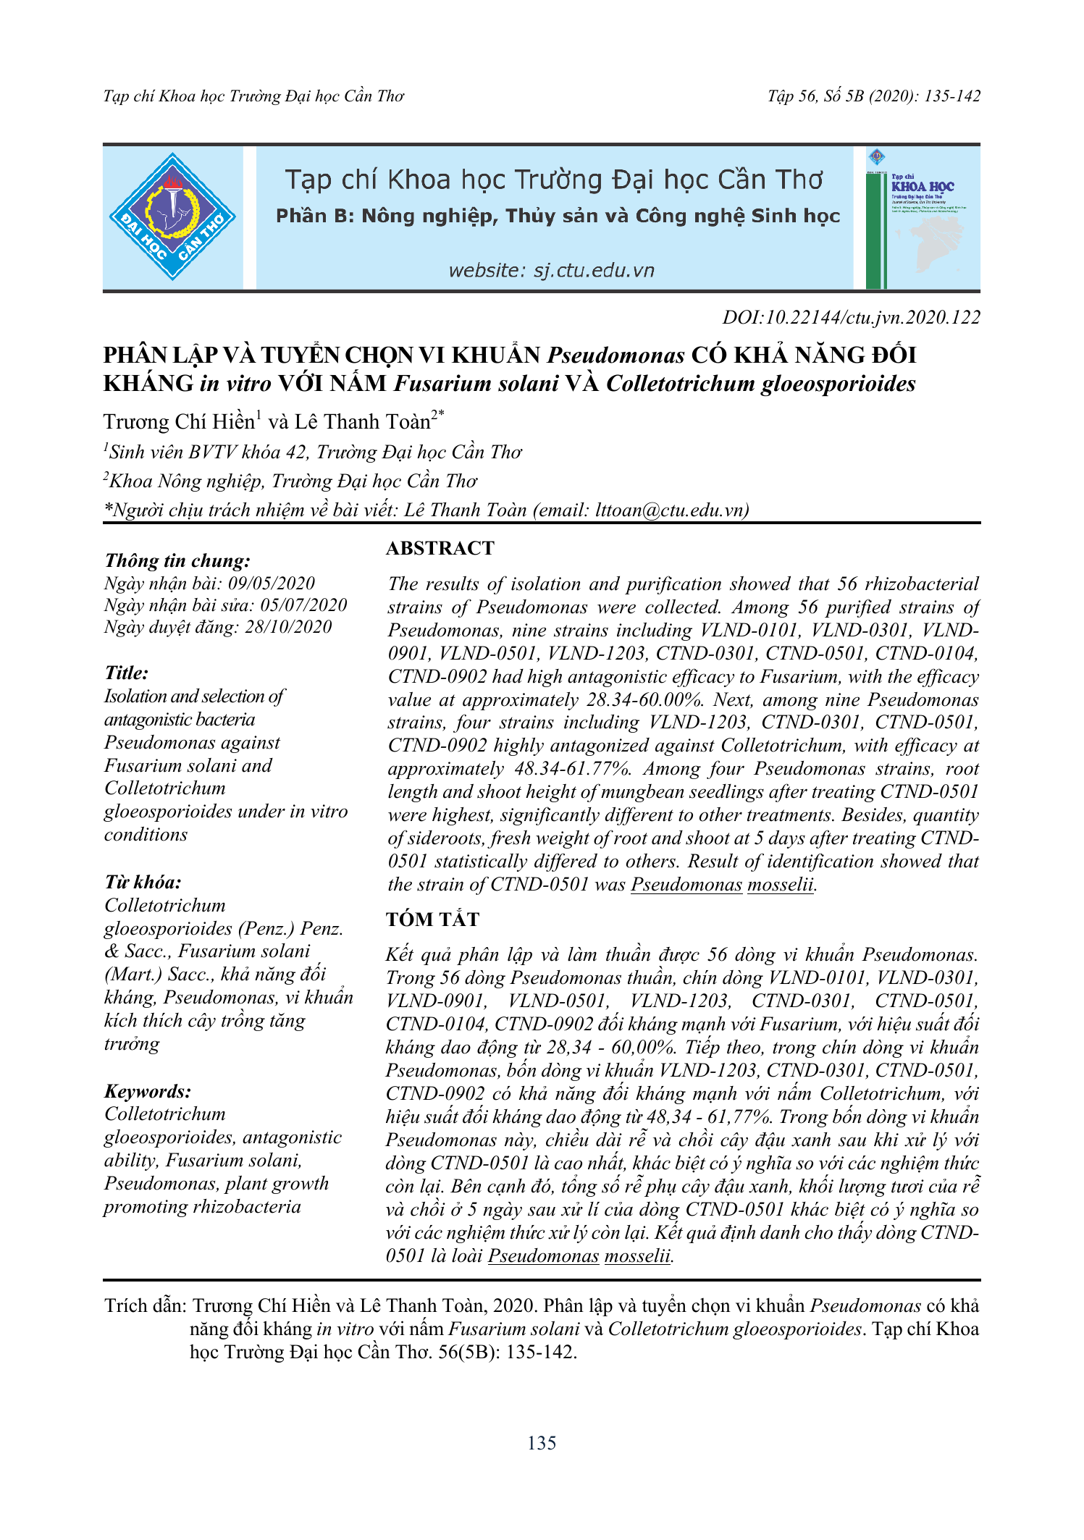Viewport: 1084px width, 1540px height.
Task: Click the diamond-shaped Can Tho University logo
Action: point(172,216)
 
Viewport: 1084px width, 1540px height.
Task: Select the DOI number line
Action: point(851,317)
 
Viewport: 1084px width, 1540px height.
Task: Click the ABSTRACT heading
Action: point(440,548)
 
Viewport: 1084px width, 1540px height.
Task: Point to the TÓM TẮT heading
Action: point(432,920)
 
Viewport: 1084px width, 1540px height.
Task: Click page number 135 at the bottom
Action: point(542,1443)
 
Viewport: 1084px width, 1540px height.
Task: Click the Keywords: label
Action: point(148,1091)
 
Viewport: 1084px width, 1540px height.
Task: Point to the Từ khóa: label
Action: point(143,882)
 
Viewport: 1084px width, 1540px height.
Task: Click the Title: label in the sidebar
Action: point(126,673)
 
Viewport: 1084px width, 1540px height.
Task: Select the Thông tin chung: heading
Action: point(177,560)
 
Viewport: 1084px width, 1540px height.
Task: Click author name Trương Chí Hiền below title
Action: point(179,422)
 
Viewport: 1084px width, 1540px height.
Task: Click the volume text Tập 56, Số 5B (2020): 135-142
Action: point(874,96)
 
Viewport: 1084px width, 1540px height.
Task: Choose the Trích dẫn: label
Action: point(146,1306)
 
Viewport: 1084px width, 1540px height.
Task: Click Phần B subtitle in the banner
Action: point(558,216)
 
